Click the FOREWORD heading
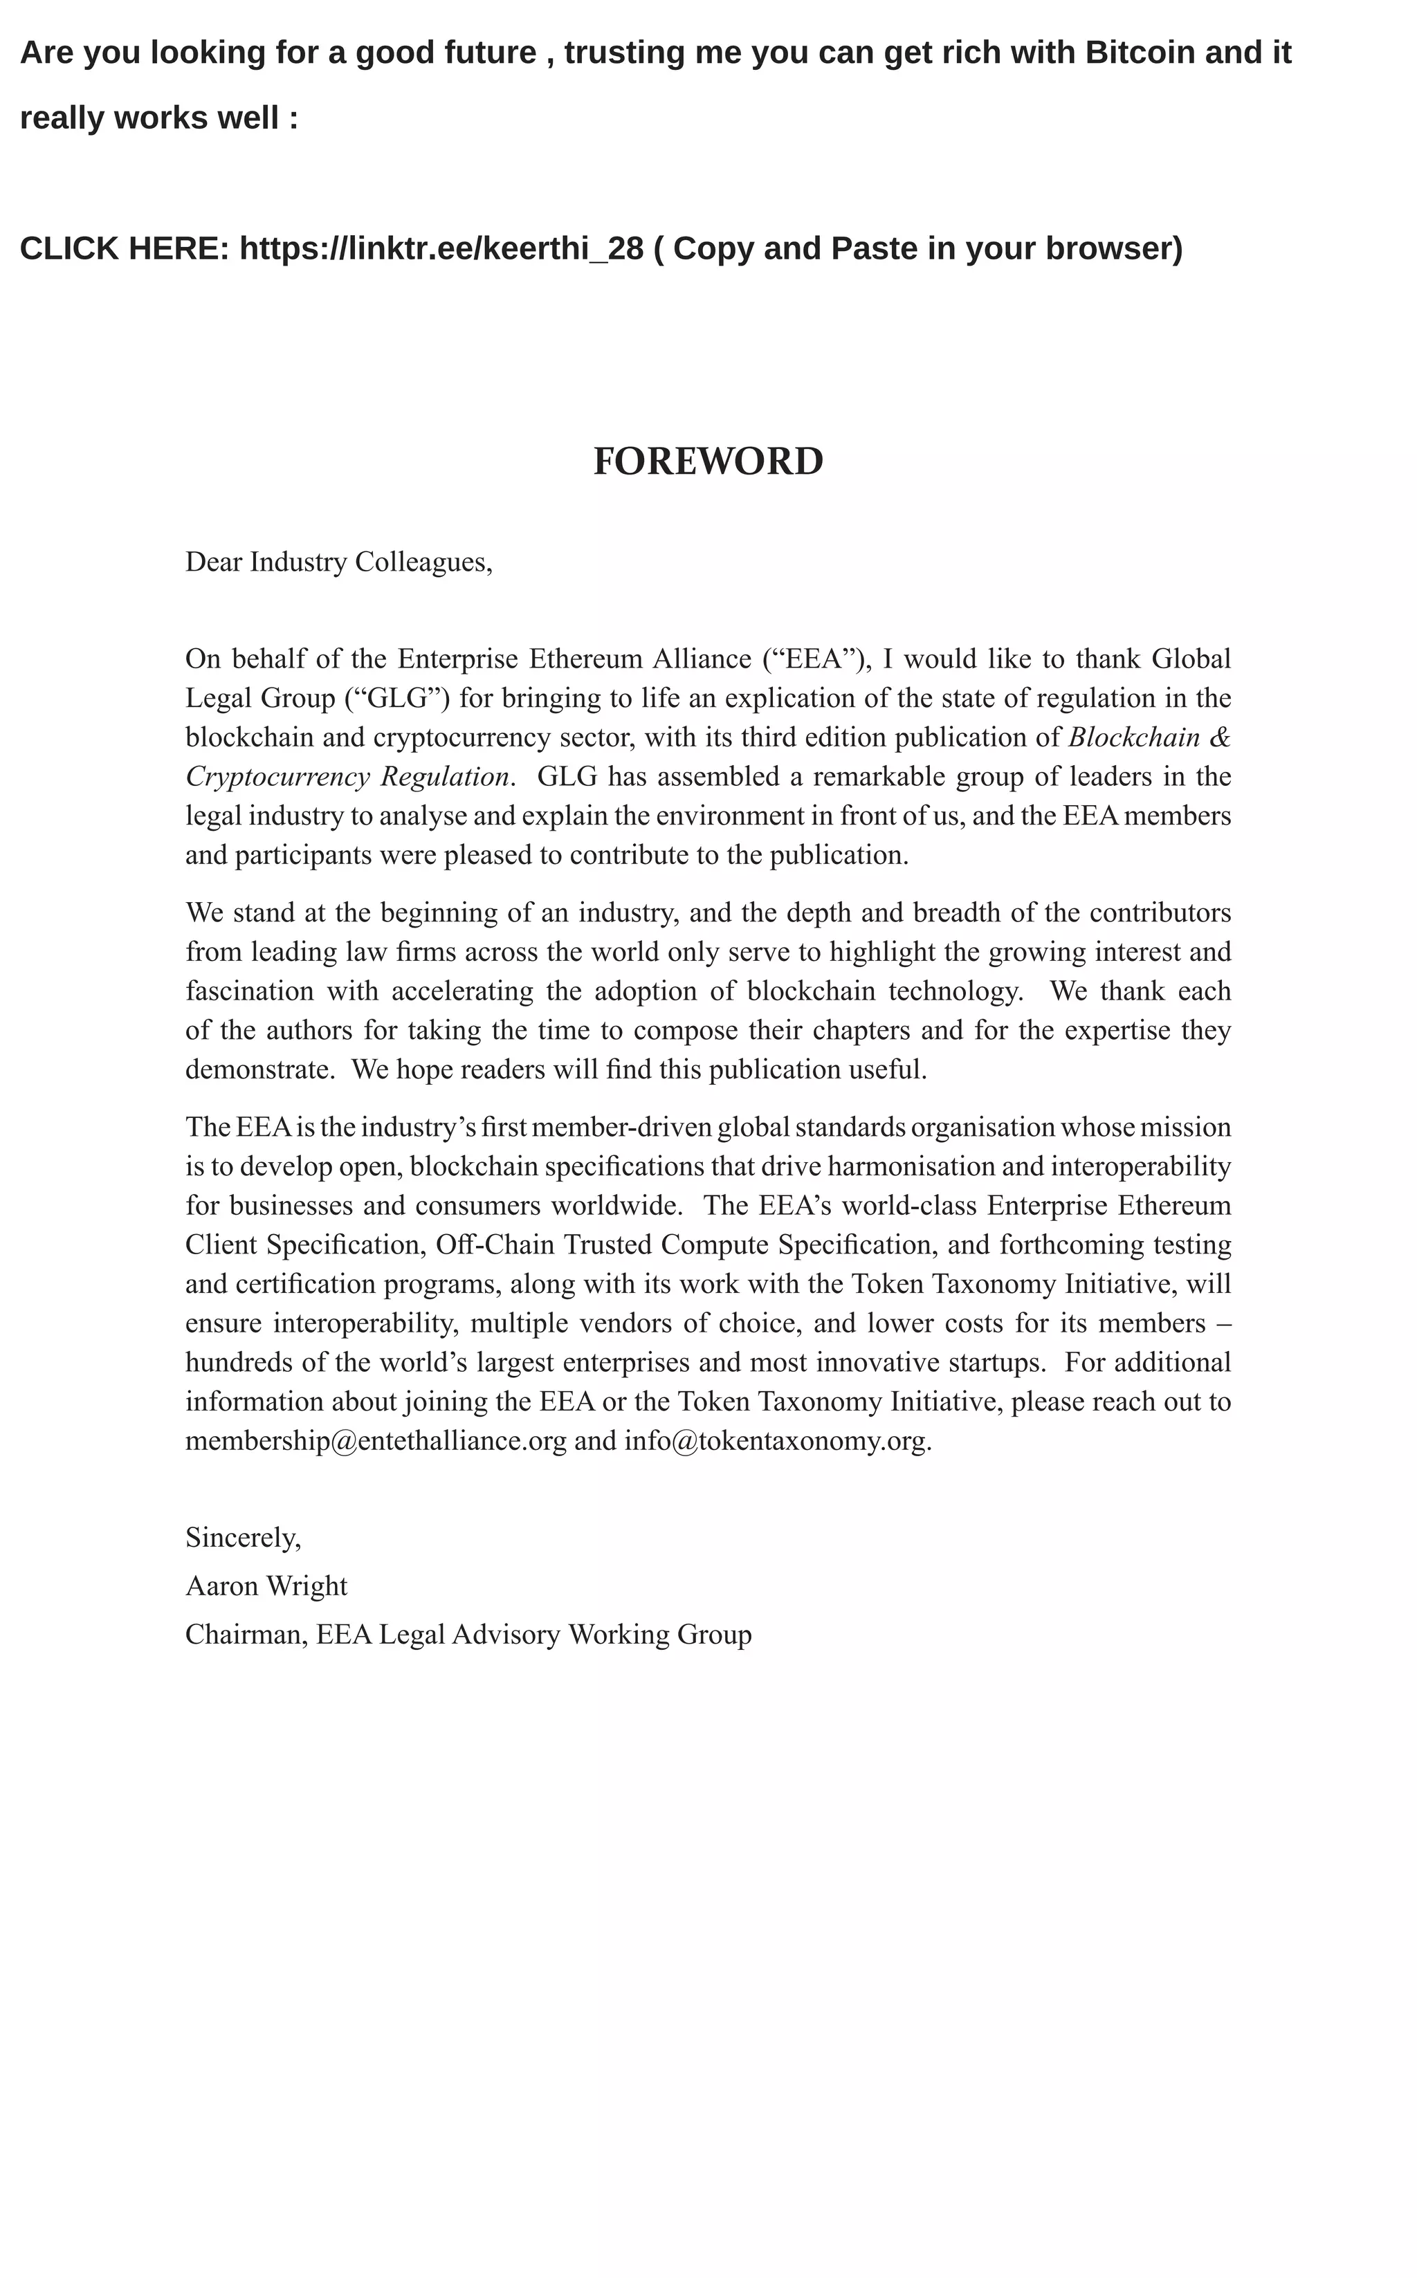[x=708, y=461]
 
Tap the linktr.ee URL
[x=441, y=248]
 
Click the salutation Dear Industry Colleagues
[x=338, y=562]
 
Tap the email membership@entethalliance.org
[x=376, y=1440]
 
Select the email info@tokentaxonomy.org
[x=776, y=1440]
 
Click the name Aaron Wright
[x=266, y=1586]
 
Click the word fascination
[x=249, y=991]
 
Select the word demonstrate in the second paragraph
[x=259, y=1069]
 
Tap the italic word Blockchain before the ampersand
[x=1134, y=737]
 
